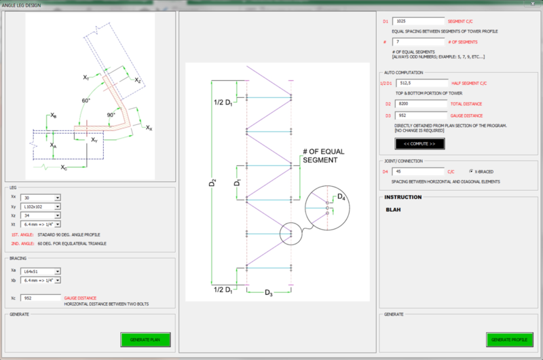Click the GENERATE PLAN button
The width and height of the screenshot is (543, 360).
pyautogui.click(x=146, y=339)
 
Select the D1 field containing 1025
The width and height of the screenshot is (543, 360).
pyautogui.click(x=418, y=21)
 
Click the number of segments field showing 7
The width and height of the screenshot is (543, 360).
pyautogui.click(x=418, y=42)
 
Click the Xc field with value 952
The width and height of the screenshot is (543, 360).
pyautogui.click(x=41, y=298)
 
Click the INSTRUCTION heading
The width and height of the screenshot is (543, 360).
pyautogui.click(x=403, y=198)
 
